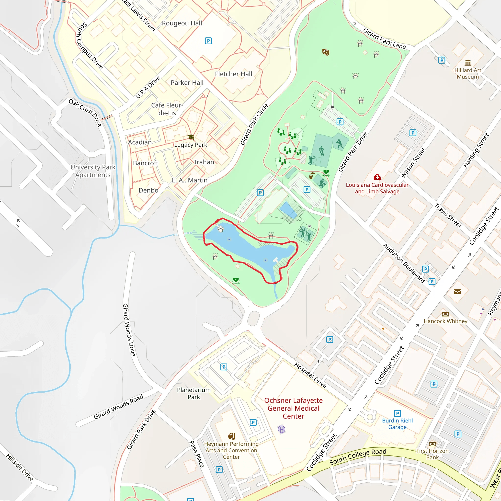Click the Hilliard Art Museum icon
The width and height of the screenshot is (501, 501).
click(468, 63)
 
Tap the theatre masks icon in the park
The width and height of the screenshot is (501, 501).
click(326, 52)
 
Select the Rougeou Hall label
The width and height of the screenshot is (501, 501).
click(182, 23)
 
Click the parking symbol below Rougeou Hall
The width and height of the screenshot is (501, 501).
click(208, 41)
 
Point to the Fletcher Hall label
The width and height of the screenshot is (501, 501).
click(233, 74)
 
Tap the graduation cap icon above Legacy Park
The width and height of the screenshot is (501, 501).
click(191, 137)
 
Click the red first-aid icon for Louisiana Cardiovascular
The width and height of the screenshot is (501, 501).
click(377, 177)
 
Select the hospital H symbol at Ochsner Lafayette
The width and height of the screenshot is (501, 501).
click(281, 429)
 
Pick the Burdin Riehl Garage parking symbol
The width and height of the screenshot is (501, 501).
click(397, 413)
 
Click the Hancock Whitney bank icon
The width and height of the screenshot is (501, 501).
click(445, 314)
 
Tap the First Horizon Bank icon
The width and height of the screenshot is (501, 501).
click(432, 444)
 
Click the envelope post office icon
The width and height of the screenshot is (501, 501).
click(457, 292)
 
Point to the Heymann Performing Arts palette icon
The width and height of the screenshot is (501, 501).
click(232, 436)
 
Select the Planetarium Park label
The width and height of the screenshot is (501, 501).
click(194, 393)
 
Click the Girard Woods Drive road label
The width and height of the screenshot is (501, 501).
click(129, 330)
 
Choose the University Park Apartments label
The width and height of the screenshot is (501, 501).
click(93, 171)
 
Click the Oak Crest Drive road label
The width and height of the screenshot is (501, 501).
click(85, 113)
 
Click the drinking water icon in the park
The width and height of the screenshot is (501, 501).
click(311, 176)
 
